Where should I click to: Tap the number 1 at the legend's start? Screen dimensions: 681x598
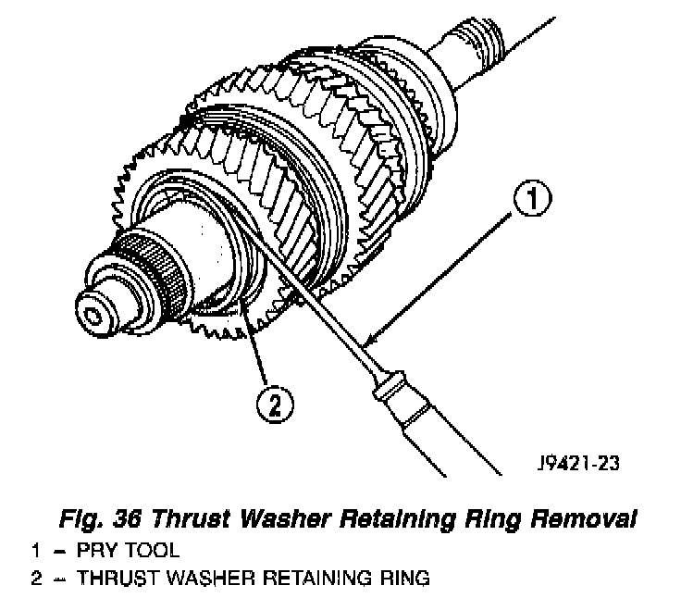click(x=35, y=551)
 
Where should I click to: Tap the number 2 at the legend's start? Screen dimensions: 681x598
click(x=35, y=579)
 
